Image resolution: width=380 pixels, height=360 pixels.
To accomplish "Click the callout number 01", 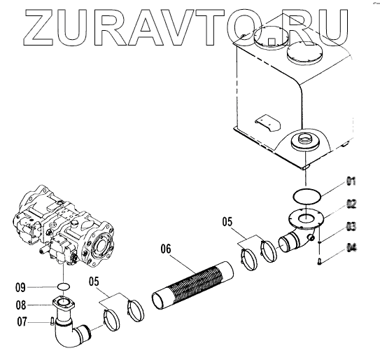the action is pyautogui.click(x=351, y=181).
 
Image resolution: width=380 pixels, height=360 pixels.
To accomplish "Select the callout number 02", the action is pyautogui.click(x=351, y=204).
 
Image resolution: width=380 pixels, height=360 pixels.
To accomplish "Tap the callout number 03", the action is pyautogui.click(x=351, y=226).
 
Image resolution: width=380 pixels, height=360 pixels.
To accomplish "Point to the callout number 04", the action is pyautogui.click(x=351, y=248).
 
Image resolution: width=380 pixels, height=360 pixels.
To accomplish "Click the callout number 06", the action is pyautogui.click(x=166, y=249).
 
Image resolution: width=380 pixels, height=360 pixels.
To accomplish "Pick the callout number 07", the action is pyautogui.click(x=22, y=321).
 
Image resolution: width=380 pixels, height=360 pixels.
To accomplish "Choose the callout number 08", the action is pyautogui.click(x=21, y=305).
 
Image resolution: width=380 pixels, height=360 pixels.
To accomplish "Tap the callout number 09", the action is pyautogui.click(x=20, y=288).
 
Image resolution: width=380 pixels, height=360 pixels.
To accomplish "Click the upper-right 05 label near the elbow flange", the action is pyautogui.click(x=227, y=222).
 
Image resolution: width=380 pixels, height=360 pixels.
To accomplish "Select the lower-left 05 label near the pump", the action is pyautogui.click(x=94, y=282).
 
